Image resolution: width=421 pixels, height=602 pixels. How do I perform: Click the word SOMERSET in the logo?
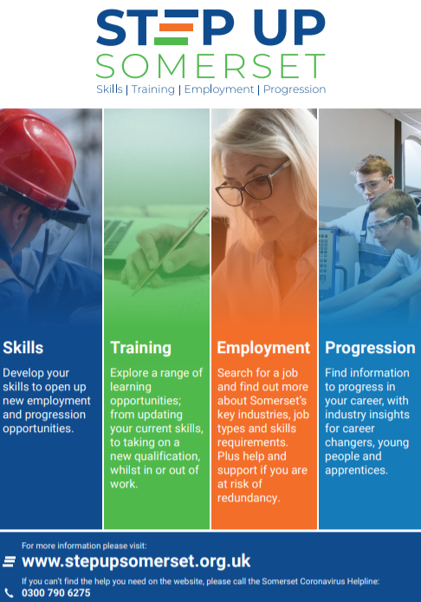pyautogui.click(x=210, y=66)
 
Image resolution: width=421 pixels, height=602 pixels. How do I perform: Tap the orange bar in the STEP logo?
pyautogui.click(x=176, y=27)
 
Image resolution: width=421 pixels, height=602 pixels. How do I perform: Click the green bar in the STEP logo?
pyautogui.click(x=171, y=41)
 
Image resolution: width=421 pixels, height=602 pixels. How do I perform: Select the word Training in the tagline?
pyautogui.click(x=153, y=89)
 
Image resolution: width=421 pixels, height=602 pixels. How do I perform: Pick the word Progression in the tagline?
pyautogui.click(x=295, y=89)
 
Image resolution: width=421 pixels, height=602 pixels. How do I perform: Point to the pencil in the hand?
pyautogui.click(x=171, y=252)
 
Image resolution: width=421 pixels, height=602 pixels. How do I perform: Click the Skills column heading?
pyautogui.click(x=23, y=348)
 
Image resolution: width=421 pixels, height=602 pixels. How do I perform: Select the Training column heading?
pyautogui.click(x=140, y=348)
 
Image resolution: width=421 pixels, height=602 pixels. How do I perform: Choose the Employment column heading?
pyautogui.click(x=263, y=348)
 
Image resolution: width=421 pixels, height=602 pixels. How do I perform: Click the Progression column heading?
pyautogui.click(x=370, y=348)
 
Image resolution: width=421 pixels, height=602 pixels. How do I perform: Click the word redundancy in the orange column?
pyautogui.click(x=249, y=498)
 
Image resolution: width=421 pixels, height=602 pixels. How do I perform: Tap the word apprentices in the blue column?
pyautogui.click(x=356, y=470)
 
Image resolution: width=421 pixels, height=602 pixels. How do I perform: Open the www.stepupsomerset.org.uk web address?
pyautogui.click(x=136, y=561)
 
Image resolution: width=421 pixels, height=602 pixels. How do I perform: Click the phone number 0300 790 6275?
pyautogui.click(x=56, y=592)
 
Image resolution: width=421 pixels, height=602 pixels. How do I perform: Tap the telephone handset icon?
pyautogui.click(x=9, y=593)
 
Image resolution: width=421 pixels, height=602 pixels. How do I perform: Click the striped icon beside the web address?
pyautogui.click(x=10, y=562)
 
